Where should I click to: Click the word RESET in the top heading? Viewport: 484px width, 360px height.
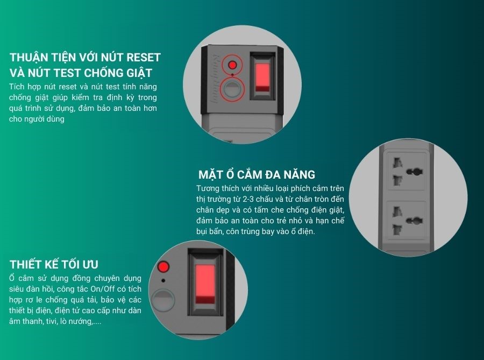click(144, 58)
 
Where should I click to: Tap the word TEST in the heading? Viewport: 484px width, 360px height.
click(67, 73)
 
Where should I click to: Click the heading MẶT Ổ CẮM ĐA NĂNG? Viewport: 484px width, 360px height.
click(257, 174)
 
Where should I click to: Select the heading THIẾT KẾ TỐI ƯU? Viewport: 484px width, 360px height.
click(54, 265)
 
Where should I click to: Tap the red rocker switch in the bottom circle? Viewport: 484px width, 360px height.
click(205, 284)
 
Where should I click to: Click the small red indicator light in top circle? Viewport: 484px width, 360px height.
click(232, 65)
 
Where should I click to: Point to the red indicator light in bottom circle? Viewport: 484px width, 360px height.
click(163, 266)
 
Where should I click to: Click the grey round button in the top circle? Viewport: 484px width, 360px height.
click(232, 89)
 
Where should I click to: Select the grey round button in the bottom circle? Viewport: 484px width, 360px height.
click(162, 300)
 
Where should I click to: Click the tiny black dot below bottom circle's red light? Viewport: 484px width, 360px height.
click(163, 281)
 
